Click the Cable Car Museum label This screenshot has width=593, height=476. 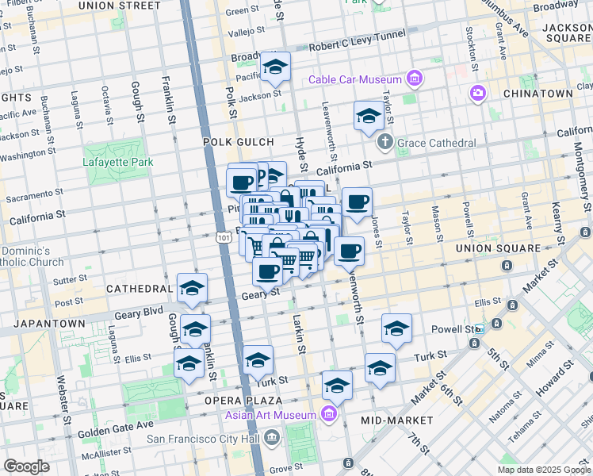[x=355, y=79]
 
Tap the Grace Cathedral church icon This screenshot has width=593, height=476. [x=385, y=144]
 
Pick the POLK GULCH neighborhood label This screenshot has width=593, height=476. [x=232, y=142]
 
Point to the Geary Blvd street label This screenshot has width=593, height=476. [x=138, y=314]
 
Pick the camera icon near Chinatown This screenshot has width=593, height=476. [x=477, y=94]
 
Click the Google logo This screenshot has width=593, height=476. [x=26, y=466]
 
